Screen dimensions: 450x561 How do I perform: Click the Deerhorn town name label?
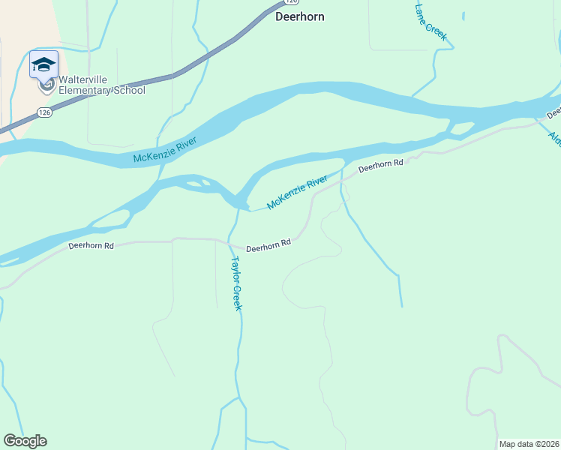click(300, 16)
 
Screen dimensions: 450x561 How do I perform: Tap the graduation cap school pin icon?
click(43, 64)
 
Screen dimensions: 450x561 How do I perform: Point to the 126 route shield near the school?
click(44, 112)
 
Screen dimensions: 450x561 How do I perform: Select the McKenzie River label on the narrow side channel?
click(297, 192)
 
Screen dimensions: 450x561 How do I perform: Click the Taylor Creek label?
click(235, 283)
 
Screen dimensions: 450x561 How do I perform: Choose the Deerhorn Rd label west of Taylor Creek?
click(91, 245)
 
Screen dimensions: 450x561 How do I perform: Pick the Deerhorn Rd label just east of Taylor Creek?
click(268, 246)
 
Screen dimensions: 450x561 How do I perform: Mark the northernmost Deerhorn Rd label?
click(380, 166)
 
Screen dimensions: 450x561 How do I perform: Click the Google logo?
click(25, 441)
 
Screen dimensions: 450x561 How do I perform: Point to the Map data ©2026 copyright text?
click(529, 444)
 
